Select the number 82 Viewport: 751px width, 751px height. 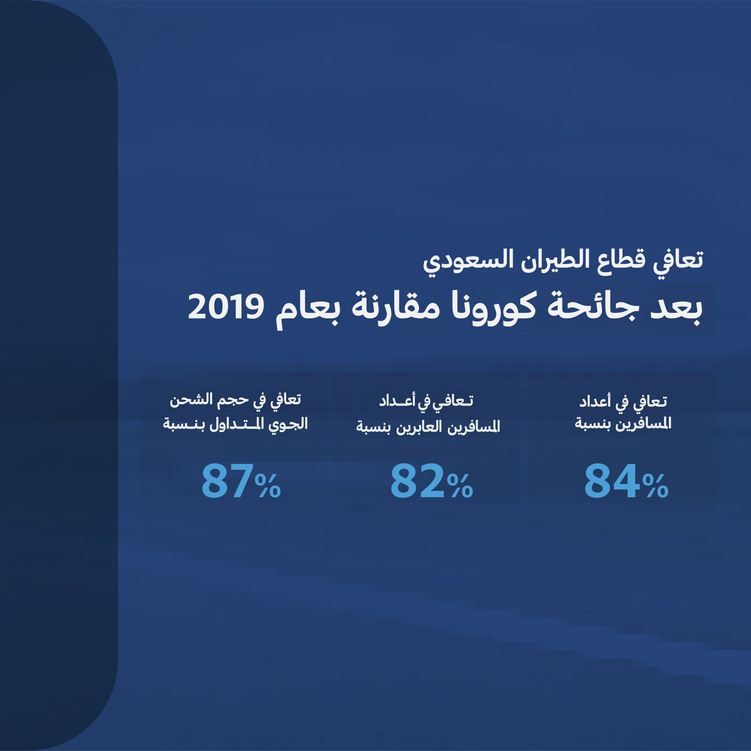417,481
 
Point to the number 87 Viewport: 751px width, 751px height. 228,481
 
